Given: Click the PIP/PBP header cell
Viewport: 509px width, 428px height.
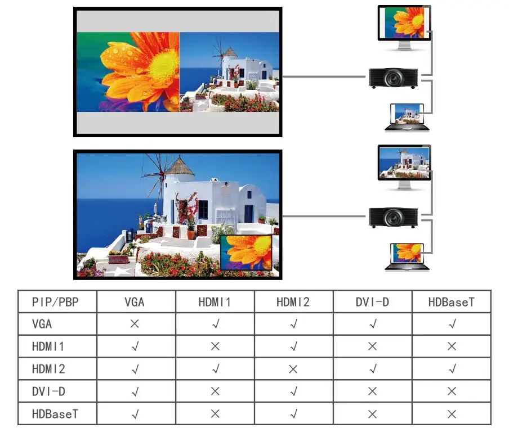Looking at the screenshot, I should pos(56,302).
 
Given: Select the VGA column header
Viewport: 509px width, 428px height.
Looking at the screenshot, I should pos(135,302).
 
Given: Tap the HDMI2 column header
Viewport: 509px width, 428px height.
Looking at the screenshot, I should pos(293,302).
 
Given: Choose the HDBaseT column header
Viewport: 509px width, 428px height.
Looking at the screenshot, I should pos(450,302).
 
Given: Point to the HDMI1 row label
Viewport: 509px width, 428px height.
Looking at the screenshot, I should pos(48,346).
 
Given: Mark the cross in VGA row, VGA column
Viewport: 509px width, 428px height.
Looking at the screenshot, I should pos(135,324).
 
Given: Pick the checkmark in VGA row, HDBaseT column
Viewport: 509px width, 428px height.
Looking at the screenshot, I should pos(451,324).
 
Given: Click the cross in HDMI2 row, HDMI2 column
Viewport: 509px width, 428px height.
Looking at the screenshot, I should pos(293,369).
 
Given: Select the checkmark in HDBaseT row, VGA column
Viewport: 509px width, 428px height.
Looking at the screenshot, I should pos(135,414).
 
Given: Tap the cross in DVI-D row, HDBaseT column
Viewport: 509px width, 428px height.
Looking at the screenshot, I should pos(451,391).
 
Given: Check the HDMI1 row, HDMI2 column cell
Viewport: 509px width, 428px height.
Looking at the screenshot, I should pos(293,346).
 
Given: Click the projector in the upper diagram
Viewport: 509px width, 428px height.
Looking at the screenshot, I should pos(393,78).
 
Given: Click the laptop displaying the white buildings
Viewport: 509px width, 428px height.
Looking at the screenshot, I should pos(407,116).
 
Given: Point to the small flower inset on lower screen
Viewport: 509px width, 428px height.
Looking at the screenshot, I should pos(247,253).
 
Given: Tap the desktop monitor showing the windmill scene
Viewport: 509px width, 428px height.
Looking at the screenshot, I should pos(403,164).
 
